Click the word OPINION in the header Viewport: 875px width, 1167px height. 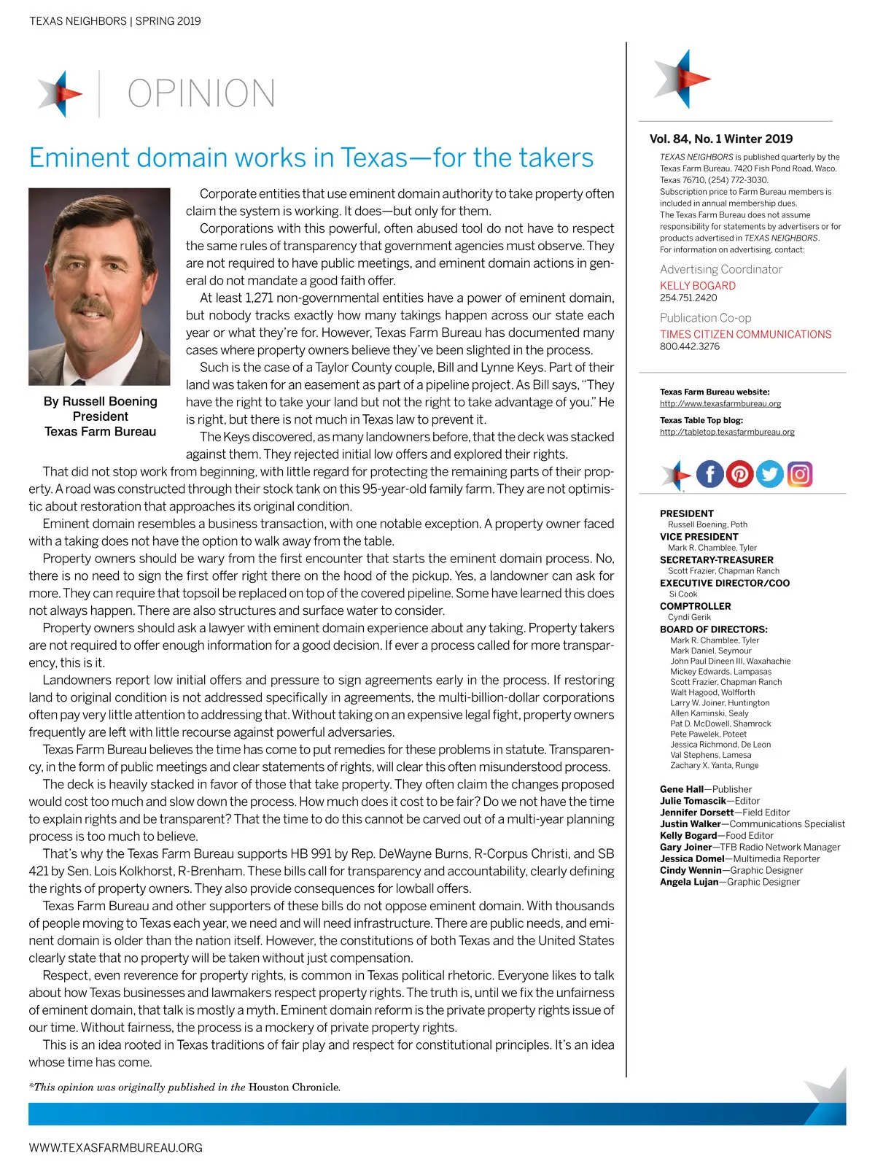point(201,93)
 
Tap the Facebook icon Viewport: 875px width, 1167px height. point(709,474)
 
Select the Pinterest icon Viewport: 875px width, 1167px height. point(739,474)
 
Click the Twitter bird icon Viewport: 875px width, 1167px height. point(769,474)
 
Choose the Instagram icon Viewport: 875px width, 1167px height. point(799,474)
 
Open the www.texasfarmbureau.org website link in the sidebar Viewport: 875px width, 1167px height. point(720,403)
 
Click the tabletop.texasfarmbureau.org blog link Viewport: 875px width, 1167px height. point(727,432)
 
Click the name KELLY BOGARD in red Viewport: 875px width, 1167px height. point(698,286)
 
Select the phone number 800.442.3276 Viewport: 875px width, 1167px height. point(690,346)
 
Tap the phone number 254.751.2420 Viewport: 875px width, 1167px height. point(688,298)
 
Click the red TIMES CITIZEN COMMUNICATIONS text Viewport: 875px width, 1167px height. point(745,334)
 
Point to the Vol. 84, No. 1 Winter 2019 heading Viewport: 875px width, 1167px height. point(721,139)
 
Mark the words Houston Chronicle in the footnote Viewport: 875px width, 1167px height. point(294,1087)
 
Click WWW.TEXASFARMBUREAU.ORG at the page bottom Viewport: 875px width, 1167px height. point(115,1147)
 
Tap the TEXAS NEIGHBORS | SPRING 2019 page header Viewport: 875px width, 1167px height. point(115,21)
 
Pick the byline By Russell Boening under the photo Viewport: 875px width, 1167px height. point(101,401)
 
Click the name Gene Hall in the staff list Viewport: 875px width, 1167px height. point(682,789)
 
